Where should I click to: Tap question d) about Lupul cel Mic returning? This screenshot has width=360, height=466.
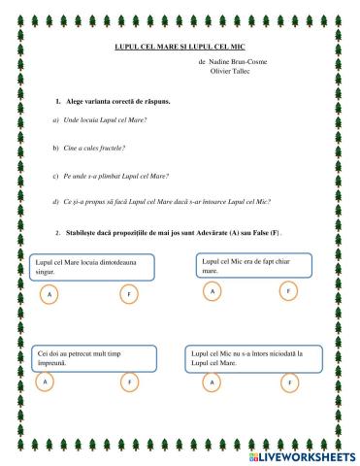coord(160,201)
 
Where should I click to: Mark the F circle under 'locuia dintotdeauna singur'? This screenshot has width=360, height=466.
coord(127,292)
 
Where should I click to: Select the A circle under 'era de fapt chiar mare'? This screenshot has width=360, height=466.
coord(212,289)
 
